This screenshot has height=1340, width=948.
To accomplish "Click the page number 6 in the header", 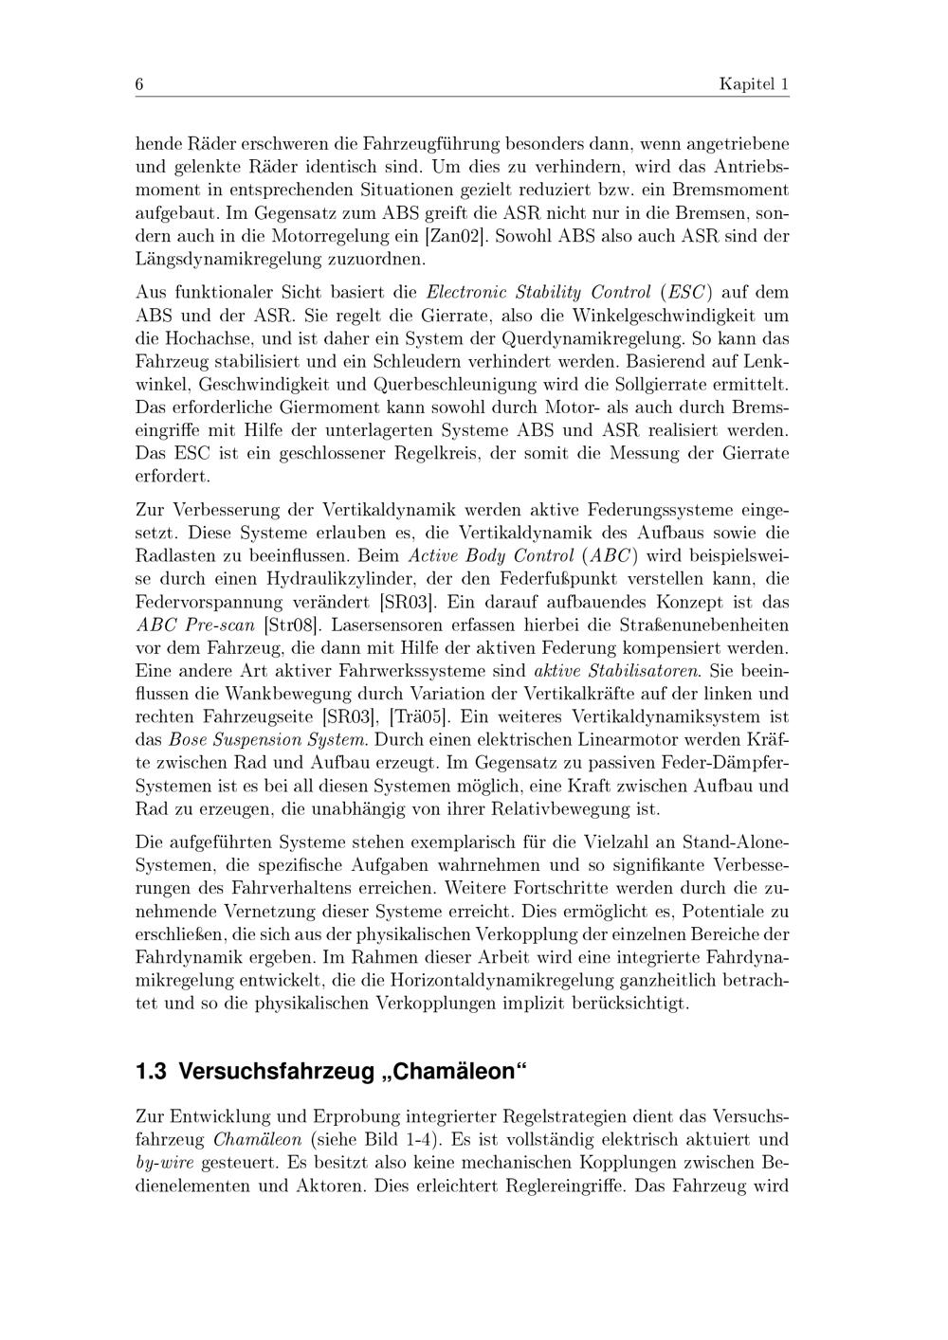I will [x=139, y=84].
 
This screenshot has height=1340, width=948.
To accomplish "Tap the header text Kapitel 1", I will [x=754, y=84].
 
